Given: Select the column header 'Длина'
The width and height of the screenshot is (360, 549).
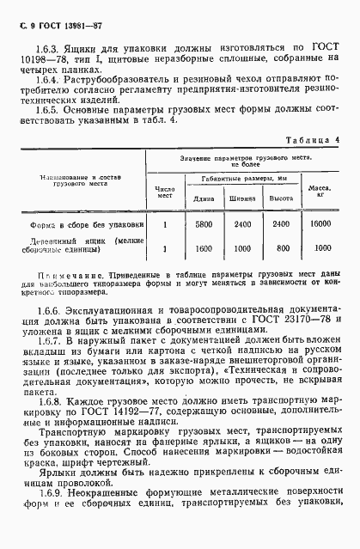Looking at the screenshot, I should pyautogui.click(x=204, y=198).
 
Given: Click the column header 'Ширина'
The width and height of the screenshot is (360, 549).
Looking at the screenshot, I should pyautogui.click(x=244, y=198).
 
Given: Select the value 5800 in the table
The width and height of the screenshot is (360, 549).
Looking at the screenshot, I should pyautogui.click(x=204, y=223).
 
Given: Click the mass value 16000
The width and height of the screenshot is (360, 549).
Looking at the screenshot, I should pyautogui.click(x=321, y=223).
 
